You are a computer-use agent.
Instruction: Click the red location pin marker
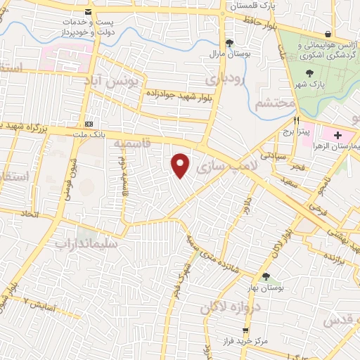click(x=181, y=165)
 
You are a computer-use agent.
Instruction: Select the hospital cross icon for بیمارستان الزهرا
click(x=338, y=135)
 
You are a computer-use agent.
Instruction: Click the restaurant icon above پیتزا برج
click(x=297, y=120)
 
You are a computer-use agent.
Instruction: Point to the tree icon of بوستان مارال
click(x=229, y=43)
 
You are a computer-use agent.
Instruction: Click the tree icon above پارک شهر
click(x=309, y=72)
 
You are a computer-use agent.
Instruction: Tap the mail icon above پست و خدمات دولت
click(x=88, y=13)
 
